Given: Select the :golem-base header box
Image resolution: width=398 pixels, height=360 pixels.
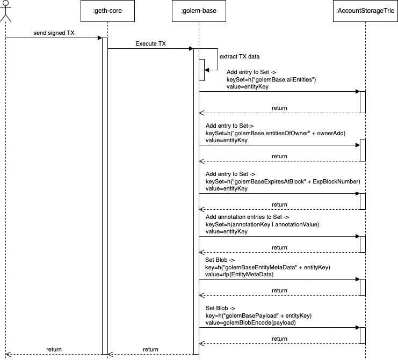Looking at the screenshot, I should (196, 11).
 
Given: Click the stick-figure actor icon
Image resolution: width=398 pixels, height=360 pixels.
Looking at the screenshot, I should (6, 11).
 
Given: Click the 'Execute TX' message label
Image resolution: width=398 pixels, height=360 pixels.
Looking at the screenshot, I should (151, 44).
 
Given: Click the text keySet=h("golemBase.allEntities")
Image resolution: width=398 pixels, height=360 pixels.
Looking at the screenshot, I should (271, 79).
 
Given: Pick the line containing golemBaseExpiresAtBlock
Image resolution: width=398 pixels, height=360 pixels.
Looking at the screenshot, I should (279, 181).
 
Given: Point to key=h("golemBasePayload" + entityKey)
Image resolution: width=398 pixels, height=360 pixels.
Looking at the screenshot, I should (258, 315).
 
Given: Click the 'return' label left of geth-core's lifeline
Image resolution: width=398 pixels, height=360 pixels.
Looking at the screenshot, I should (54, 349).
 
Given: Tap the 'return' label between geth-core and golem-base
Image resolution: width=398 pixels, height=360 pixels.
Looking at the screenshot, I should (150, 349).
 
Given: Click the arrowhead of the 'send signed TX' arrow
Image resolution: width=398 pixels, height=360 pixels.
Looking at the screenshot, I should (99, 38).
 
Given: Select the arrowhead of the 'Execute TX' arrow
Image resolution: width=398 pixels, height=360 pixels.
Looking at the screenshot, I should (191, 48).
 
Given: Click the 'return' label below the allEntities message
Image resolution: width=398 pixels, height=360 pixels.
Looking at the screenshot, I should (279, 108).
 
